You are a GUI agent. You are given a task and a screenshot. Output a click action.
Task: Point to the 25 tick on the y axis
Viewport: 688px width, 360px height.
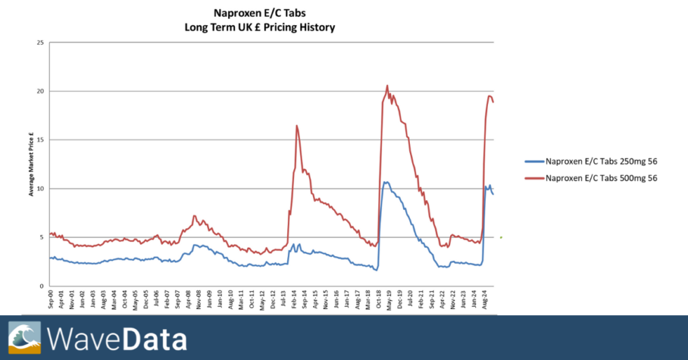click(40, 43)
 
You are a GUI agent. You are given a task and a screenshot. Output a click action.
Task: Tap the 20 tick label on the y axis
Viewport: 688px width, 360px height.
click(40, 91)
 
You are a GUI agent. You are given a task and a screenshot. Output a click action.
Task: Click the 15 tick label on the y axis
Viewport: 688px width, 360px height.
click(40, 140)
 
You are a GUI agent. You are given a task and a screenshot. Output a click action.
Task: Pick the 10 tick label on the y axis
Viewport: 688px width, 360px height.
click(40, 189)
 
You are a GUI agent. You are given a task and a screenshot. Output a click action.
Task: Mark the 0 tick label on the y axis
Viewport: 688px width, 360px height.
click(41, 286)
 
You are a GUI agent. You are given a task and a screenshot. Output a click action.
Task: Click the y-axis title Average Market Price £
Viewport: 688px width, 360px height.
click(31, 165)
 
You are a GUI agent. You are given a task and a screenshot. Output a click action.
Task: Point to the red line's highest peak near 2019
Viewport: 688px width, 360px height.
click(387, 86)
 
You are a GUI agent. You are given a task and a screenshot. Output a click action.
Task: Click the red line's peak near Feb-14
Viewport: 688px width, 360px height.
click(297, 126)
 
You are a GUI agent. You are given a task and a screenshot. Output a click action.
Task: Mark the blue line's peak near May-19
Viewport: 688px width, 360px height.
click(385, 182)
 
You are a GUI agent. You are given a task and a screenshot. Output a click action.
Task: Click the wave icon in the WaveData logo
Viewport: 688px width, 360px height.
click(25, 338)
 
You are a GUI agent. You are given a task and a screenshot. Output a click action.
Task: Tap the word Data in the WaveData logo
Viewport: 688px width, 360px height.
click(154, 338)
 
